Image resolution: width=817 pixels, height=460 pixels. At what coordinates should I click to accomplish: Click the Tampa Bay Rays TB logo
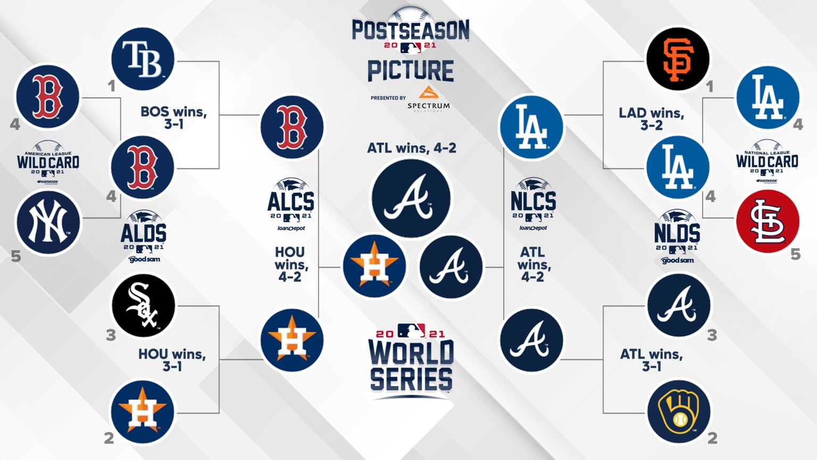click(x=143, y=60)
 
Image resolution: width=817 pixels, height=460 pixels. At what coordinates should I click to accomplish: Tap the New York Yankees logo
click(x=48, y=223)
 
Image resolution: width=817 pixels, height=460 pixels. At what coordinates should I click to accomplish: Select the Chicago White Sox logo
click(x=143, y=306)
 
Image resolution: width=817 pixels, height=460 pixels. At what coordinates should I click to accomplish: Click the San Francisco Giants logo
click(x=677, y=59)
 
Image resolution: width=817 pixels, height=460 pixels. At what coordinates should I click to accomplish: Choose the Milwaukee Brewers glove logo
click(x=678, y=412)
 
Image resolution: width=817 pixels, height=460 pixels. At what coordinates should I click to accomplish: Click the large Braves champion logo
click(x=411, y=199)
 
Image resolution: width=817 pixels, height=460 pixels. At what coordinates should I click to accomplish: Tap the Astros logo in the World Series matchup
click(x=374, y=266)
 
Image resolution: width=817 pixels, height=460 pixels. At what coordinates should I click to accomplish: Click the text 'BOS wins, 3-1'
click(x=173, y=118)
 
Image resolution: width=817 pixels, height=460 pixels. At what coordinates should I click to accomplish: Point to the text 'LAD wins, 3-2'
click(x=652, y=119)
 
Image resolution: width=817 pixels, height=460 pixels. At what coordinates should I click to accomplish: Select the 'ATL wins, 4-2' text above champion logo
click(x=411, y=148)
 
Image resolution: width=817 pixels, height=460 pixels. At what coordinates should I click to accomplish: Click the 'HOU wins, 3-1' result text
click(x=172, y=360)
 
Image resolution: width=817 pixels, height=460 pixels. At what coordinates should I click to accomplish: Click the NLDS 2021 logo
click(x=677, y=236)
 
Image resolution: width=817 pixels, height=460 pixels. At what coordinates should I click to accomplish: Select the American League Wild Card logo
click(x=48, y=162)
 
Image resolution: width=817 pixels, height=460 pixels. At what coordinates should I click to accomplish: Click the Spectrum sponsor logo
click(x=429, y=99)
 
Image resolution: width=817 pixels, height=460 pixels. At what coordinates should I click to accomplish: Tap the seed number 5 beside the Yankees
click(x=16, y=257)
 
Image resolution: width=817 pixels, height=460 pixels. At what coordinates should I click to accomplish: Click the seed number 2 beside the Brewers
click(x=712, y=438)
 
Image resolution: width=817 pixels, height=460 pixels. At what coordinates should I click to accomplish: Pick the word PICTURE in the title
click(x=411, y=71)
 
